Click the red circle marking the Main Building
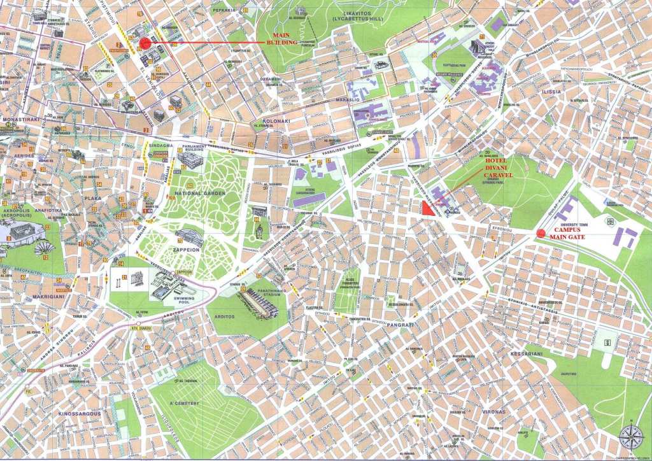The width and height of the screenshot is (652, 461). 145,43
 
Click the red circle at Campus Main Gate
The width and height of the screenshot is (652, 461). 541,233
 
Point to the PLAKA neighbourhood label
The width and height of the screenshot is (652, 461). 92,199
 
